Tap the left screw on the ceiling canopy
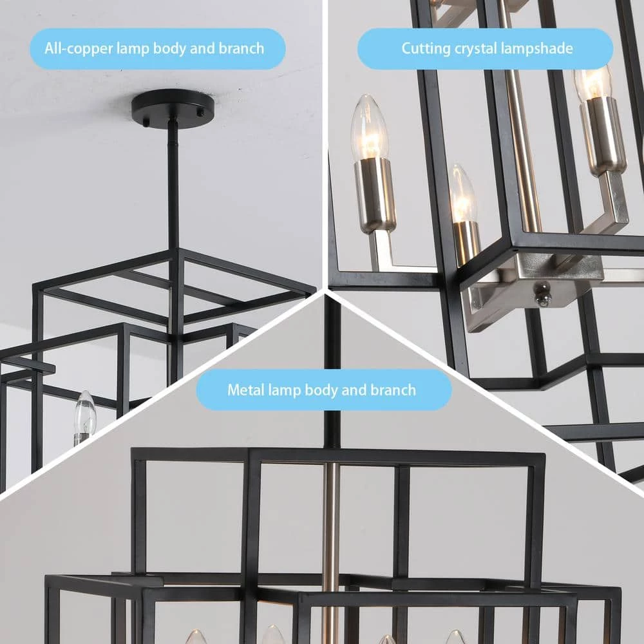[146, 120]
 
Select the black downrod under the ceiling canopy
[173, 187]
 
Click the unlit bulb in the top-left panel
[84, 415]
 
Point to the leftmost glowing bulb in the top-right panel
[370, 128]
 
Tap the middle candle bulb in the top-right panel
[463, 193]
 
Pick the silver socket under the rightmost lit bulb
[603, 135]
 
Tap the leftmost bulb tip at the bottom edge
[196, 638]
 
